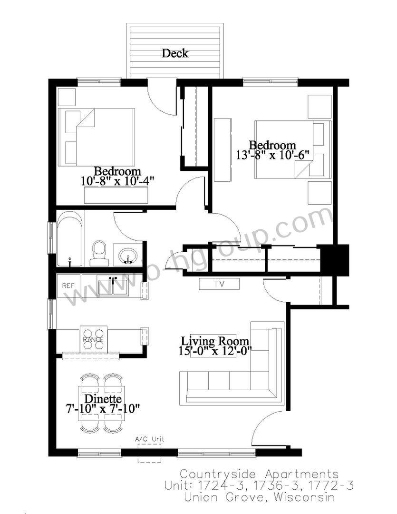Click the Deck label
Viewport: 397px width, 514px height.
[x=175, y=53]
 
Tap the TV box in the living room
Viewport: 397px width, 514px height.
[x=220, y=284]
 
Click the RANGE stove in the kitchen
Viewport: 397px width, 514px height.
[x=93, y=339]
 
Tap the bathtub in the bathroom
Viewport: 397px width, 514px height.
[x=70, y=238]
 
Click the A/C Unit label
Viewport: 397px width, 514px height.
[x=150, y=439]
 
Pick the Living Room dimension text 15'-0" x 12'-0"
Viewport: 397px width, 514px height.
[x=215, y=351]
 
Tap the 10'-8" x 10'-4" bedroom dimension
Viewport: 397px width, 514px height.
[x=117, y=181]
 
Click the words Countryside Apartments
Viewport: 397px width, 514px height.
[x=260, y=474]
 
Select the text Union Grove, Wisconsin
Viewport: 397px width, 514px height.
[x=260, y=497]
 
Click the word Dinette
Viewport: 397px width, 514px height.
[x=103, y=399]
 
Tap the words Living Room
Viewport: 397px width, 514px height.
[x=215, y=341]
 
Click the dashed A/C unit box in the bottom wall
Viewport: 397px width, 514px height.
[x=149, y=453]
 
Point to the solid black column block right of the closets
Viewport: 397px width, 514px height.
[x=334, y=259]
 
